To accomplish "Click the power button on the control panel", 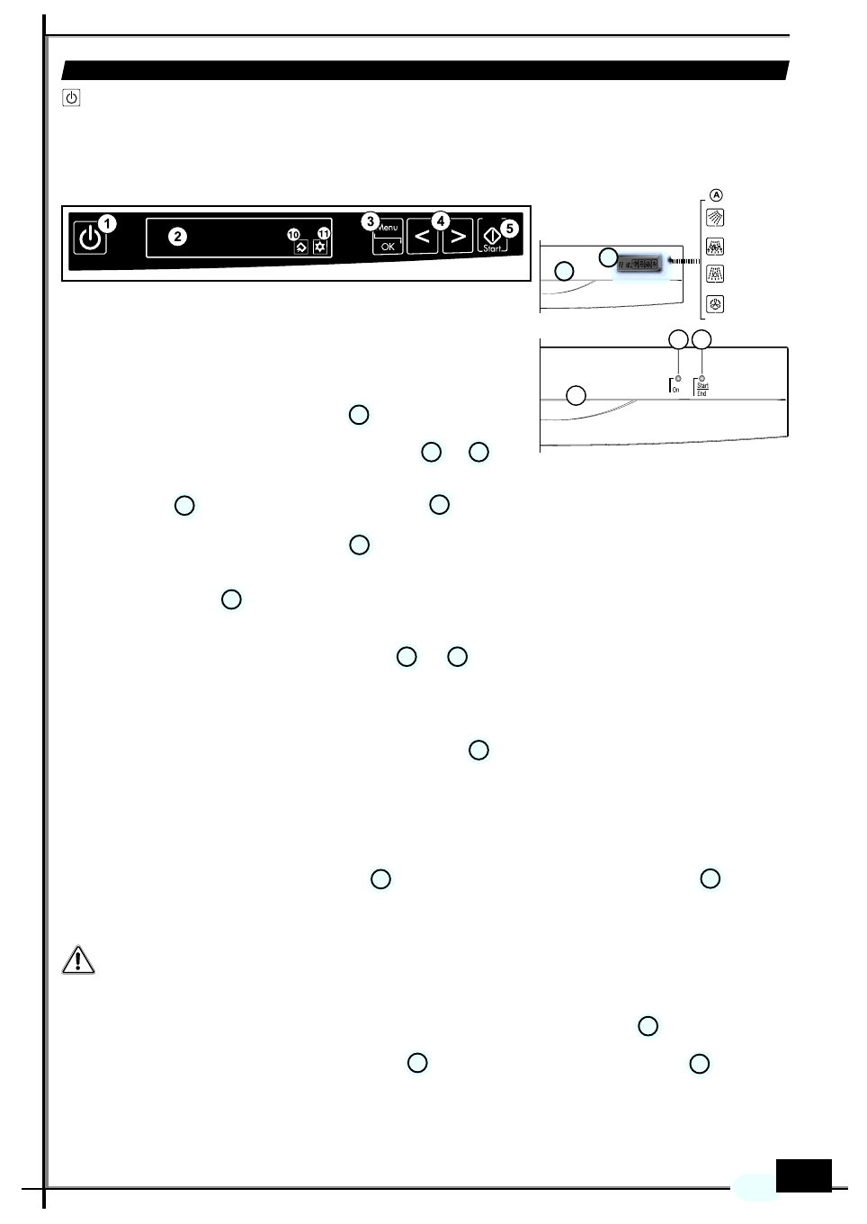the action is (x=89, y=238).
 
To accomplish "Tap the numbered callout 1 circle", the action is (x=107, y=223).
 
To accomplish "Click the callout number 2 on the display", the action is (x=178, y=237).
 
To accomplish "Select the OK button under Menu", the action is (x=388, y=247).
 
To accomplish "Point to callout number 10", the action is (x=293, y=235).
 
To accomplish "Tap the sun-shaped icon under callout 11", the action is (x=320, y=247).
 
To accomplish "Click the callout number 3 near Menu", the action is (x=370, y=221).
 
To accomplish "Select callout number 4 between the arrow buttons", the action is (x=441, y=220).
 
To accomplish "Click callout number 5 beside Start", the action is (x=510, y=229).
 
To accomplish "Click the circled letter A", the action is (x=716, y=195).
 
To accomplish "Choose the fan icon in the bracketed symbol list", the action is (x=715, y=304).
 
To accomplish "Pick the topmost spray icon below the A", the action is (x=715, y=218).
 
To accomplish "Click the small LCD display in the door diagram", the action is (x=639, y=265).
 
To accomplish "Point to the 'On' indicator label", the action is (x=675, y=389).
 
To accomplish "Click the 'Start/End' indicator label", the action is (x=702, y=389).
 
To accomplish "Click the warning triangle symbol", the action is (x=78, y=960).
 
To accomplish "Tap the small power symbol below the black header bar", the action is (x=72, y=97).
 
